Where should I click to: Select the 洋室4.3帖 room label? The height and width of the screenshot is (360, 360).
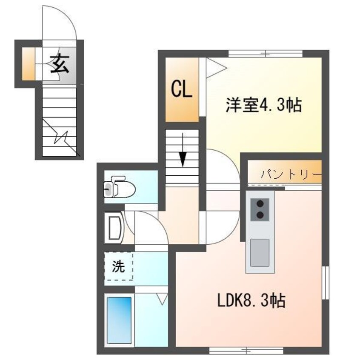click(x=263, y=104)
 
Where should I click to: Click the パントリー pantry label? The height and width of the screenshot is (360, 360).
click(x=291, y=174)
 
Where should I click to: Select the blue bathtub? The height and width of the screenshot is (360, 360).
click(x=119, y=320)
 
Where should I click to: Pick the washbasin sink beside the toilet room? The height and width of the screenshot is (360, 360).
click(x=113, y=228)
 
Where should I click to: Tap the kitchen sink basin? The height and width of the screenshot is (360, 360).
click(x=259, y=252)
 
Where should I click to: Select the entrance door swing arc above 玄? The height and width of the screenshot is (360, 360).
click(x=60, y=23)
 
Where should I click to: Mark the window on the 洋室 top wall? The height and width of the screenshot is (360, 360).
click(x=266, y=54)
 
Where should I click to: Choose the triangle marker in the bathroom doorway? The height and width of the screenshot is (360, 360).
click(x=162, y=298)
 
